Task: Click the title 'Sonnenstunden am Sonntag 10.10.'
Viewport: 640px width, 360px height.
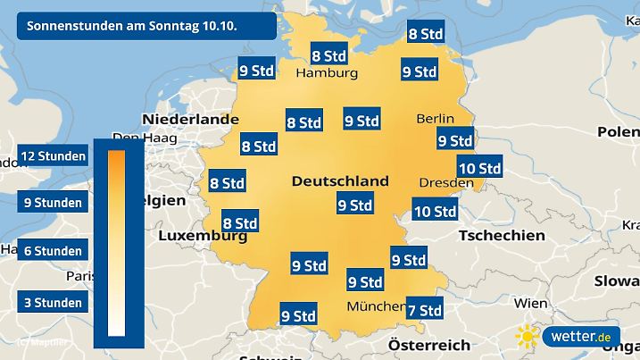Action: coord(131,26)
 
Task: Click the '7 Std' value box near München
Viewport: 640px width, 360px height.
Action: coord(424,310)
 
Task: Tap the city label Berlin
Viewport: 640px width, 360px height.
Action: coord(436,119)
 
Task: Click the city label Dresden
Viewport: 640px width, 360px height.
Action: coord(445,182)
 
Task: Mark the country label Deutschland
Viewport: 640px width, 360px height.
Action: coord(340,181)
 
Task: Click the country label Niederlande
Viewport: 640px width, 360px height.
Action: coord(190,119)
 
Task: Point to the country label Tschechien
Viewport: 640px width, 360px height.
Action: coord(501,236)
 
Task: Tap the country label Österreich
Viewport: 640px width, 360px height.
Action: coord(429,344)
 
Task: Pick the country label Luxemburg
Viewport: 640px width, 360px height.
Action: coord(202,238)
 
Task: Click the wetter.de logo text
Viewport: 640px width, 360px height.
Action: coord(580,337)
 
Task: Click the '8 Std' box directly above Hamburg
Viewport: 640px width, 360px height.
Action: coord(328,54)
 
